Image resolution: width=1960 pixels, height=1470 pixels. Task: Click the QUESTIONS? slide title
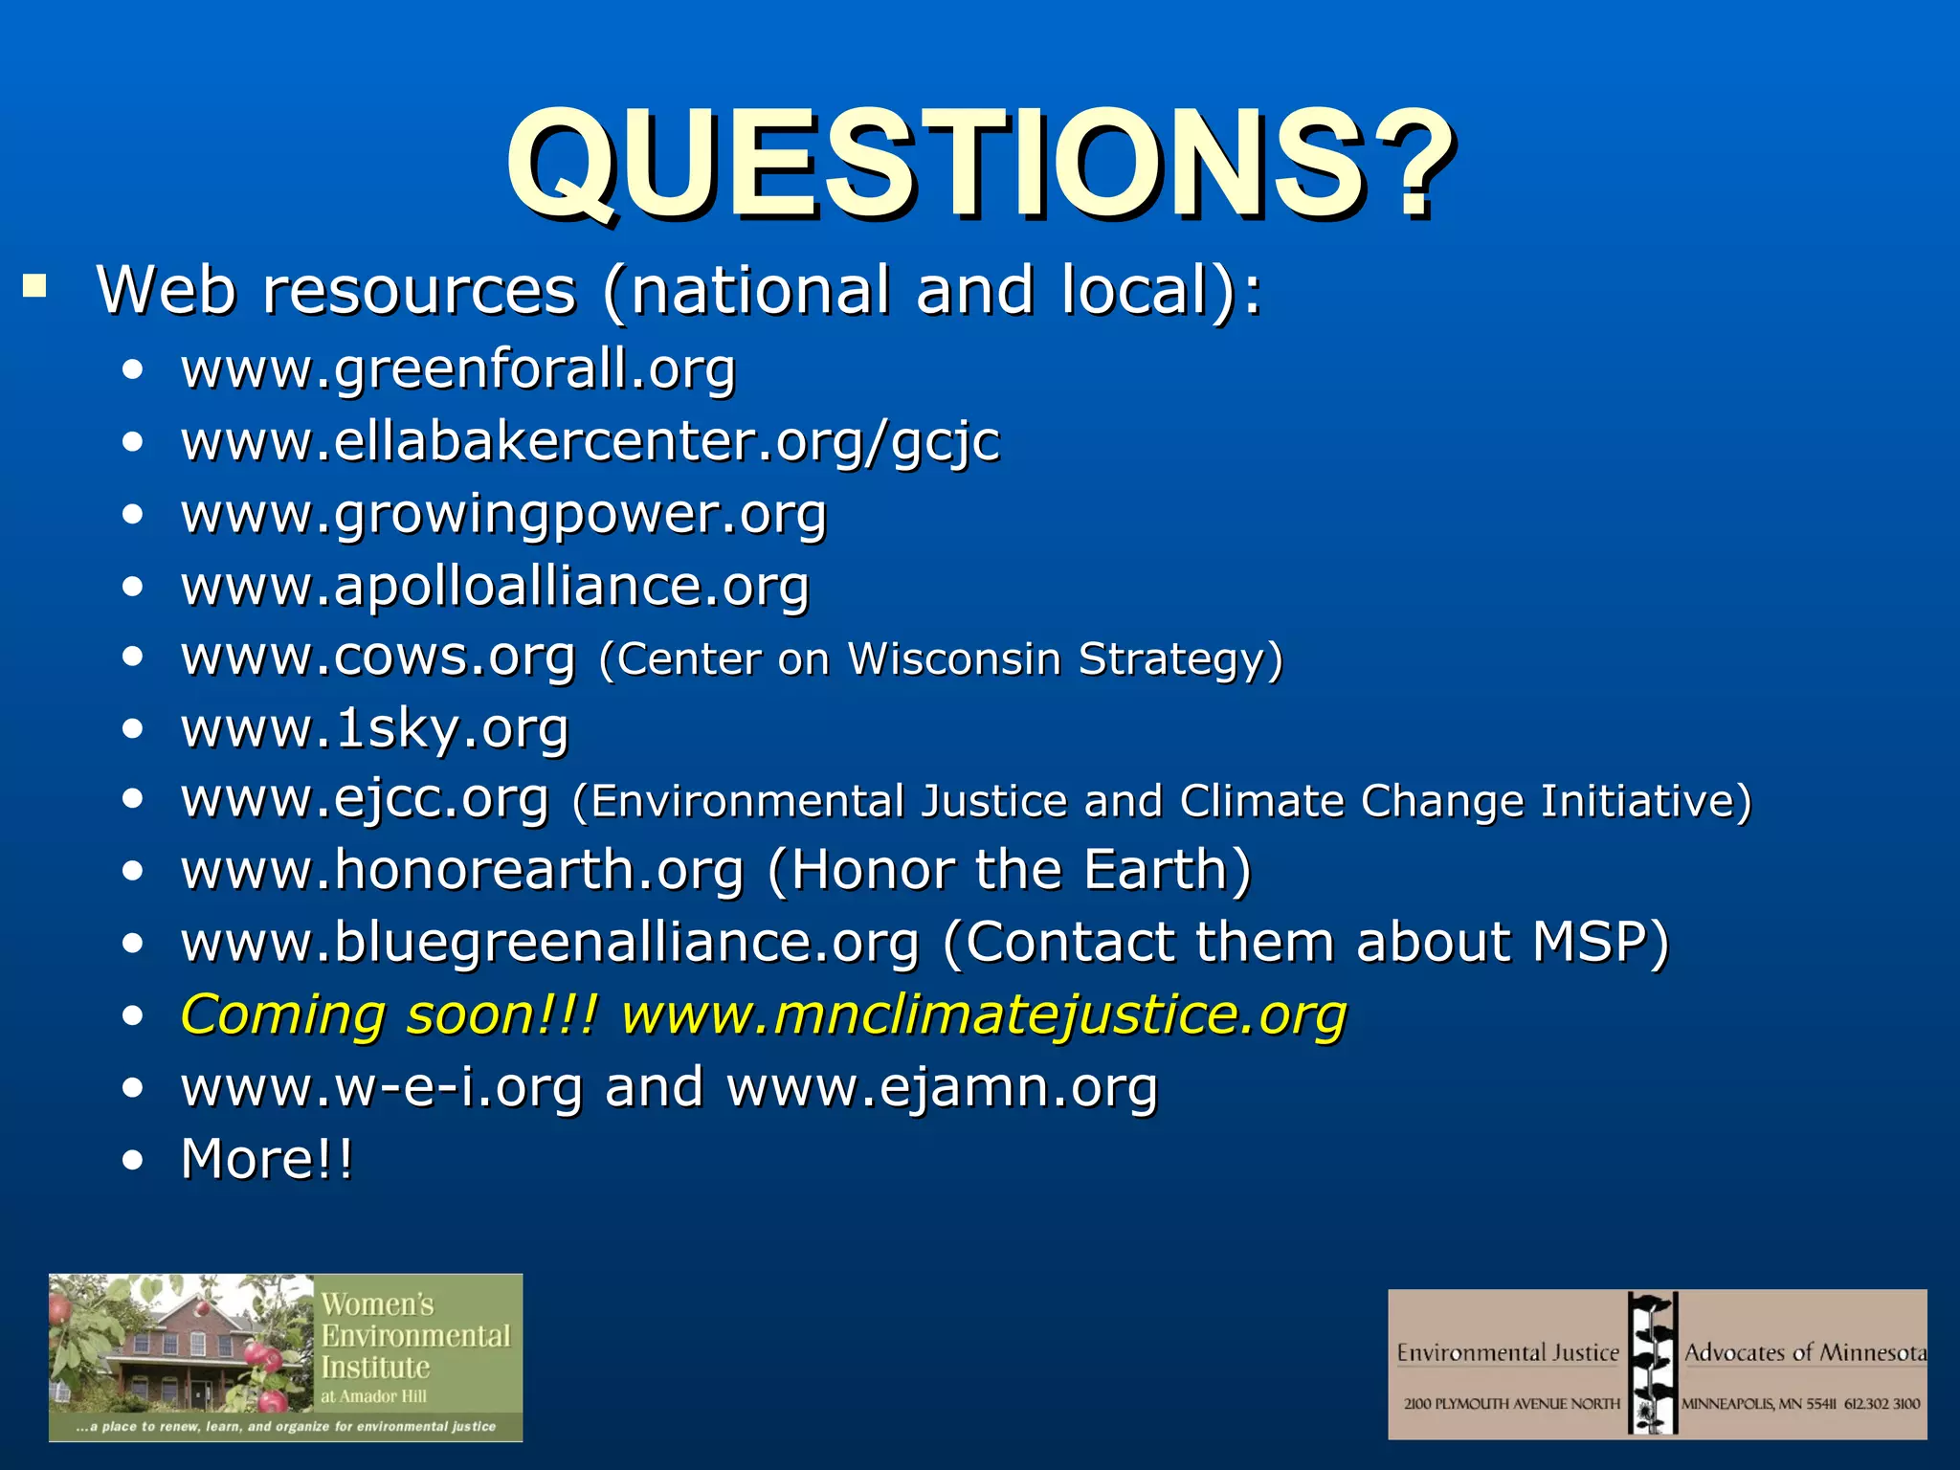980,165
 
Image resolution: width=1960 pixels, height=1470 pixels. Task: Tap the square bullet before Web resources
35,285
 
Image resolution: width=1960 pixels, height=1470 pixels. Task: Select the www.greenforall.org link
458,369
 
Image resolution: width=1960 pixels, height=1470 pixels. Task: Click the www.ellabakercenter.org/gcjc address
590,442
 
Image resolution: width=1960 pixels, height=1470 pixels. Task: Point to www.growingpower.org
503,514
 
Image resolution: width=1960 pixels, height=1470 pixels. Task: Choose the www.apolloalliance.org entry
495,586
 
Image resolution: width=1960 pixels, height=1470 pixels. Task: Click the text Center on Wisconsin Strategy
940,658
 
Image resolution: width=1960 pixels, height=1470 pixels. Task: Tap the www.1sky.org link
375,729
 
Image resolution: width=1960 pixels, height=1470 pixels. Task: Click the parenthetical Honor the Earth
1010,871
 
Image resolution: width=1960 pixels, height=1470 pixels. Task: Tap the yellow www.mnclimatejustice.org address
984,1014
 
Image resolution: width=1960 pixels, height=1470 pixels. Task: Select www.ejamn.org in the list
942,1087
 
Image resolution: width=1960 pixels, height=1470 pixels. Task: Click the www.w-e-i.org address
382,1087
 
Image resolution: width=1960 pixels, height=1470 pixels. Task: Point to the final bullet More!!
267,1159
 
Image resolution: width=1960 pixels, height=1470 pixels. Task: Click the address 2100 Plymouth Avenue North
1511,1404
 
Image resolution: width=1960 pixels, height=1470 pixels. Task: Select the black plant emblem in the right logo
1653,1363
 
